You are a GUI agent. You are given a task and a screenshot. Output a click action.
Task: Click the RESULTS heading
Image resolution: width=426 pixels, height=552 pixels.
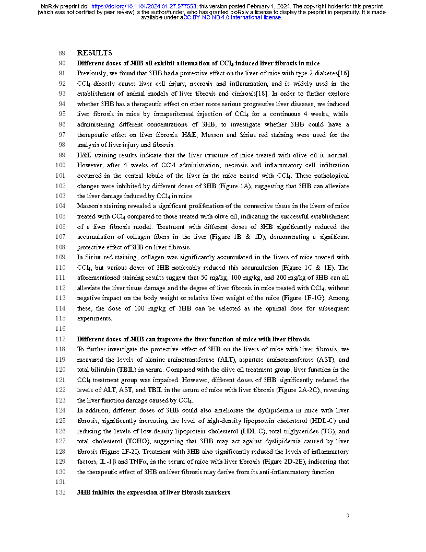[x=94, y=53]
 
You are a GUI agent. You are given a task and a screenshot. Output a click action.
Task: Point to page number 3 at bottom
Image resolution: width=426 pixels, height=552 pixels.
[x=348, y=516]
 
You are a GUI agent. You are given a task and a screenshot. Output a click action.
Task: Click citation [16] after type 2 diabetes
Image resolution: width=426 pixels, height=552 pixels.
[x=344, y=73]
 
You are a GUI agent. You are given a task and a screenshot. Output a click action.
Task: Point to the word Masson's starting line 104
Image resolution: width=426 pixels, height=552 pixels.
[x=90, y=206]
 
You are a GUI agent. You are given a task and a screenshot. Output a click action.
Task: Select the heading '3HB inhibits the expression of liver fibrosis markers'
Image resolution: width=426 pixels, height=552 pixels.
[x=153, y=493]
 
